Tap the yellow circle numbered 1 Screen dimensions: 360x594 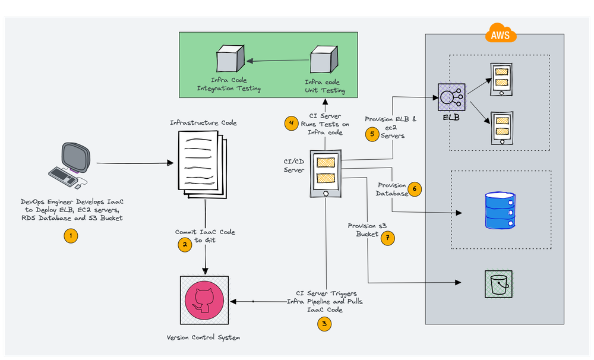[x=71, y=236]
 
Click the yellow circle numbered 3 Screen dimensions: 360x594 [x=324, y=324]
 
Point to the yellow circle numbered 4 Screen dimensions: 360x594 [x=291, y=124]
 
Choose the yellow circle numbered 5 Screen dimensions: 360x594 [x=372, y=134]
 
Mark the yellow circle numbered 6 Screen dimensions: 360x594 [x=415, y=190]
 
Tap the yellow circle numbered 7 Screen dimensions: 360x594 [x=388, y=238]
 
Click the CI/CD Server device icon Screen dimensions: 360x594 [x=326, y=174]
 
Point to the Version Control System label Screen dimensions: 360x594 [x=204, y=337]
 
